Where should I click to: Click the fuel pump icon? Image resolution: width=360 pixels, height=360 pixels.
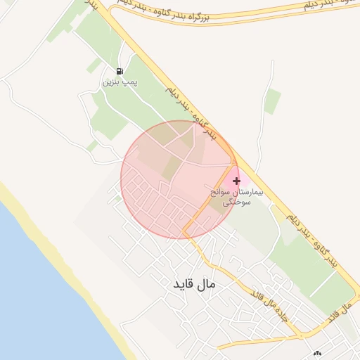click(120, 71)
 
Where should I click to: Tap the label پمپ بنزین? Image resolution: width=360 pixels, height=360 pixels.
click(120, 82)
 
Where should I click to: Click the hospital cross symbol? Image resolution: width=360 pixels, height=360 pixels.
click(236, 181)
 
